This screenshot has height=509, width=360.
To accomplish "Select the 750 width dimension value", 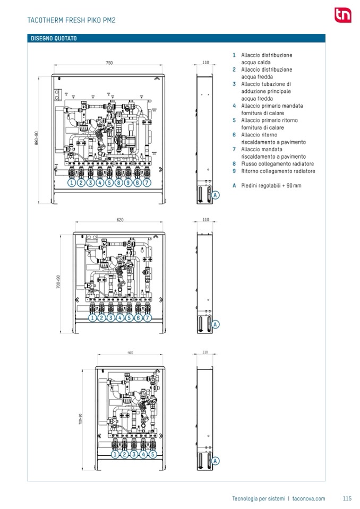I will pos(109,63).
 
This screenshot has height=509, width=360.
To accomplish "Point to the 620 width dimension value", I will pos(119,220).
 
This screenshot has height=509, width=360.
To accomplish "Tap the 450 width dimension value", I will pos(130,352).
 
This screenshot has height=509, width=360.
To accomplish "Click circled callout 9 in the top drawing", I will pos(128,182).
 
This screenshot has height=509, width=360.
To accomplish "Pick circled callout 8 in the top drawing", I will pos(118,182).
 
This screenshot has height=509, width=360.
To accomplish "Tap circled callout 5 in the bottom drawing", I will pos(152,454).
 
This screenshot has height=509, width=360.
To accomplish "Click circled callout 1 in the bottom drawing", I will pos(115,454).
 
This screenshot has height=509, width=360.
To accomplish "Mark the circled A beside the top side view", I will pos(216,195).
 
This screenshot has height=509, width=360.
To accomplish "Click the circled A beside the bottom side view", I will pos(216,461).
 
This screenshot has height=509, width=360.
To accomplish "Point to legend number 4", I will pos(234,106).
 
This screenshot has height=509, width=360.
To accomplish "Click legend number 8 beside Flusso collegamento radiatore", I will pos(234,164).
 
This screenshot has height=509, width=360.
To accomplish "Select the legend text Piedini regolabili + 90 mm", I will pos(271,186).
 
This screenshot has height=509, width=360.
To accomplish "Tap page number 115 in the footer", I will pos(347,498).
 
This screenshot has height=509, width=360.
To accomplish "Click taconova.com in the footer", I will pos(308,498).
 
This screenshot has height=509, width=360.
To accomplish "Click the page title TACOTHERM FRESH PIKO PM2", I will pos(71,21).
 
